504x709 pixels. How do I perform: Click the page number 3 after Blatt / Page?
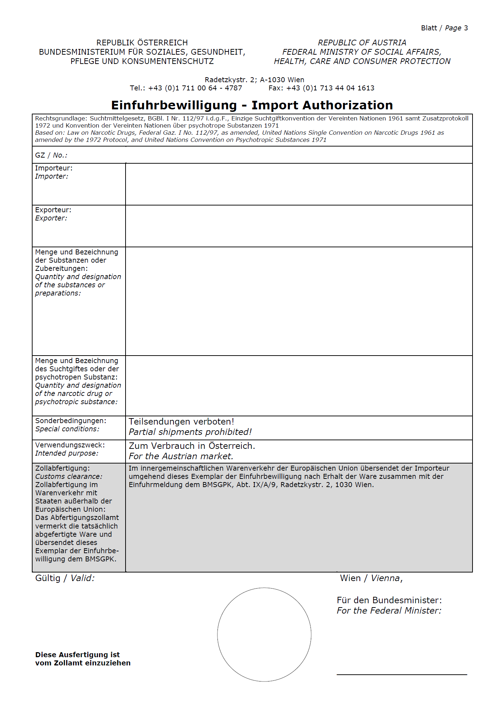(x=466, y=28)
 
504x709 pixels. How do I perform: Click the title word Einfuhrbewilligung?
(x=174, y=105)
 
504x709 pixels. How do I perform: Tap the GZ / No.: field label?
(x=51, y=155)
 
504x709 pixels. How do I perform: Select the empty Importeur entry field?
(x=299, y=184)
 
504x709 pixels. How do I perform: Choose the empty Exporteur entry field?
(x=299, y=226)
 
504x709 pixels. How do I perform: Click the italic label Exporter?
(x=51, y=218)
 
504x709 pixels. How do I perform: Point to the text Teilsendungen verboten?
(x=181, y=422)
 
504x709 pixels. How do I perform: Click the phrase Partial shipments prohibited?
(x=190, y=432)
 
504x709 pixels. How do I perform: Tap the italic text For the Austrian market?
(x=181, y=456)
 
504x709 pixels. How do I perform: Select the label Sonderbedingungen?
(x=70, y=421)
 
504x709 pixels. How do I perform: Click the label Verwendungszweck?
(x=70, y=445)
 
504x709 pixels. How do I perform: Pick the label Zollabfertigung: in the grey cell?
(x=63, y=468)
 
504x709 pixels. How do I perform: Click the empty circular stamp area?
(x=264, y=634)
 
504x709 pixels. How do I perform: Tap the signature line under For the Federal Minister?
(x=402, y=674)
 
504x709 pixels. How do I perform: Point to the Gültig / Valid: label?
(x=65, y=578)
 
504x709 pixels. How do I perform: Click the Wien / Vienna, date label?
(x=371, y=578)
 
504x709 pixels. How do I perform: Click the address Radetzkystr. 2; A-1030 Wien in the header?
(x=254, y=80)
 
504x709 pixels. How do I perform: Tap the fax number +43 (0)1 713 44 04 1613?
(x=330, y=88)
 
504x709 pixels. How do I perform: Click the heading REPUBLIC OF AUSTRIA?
(x=362, y=43)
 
